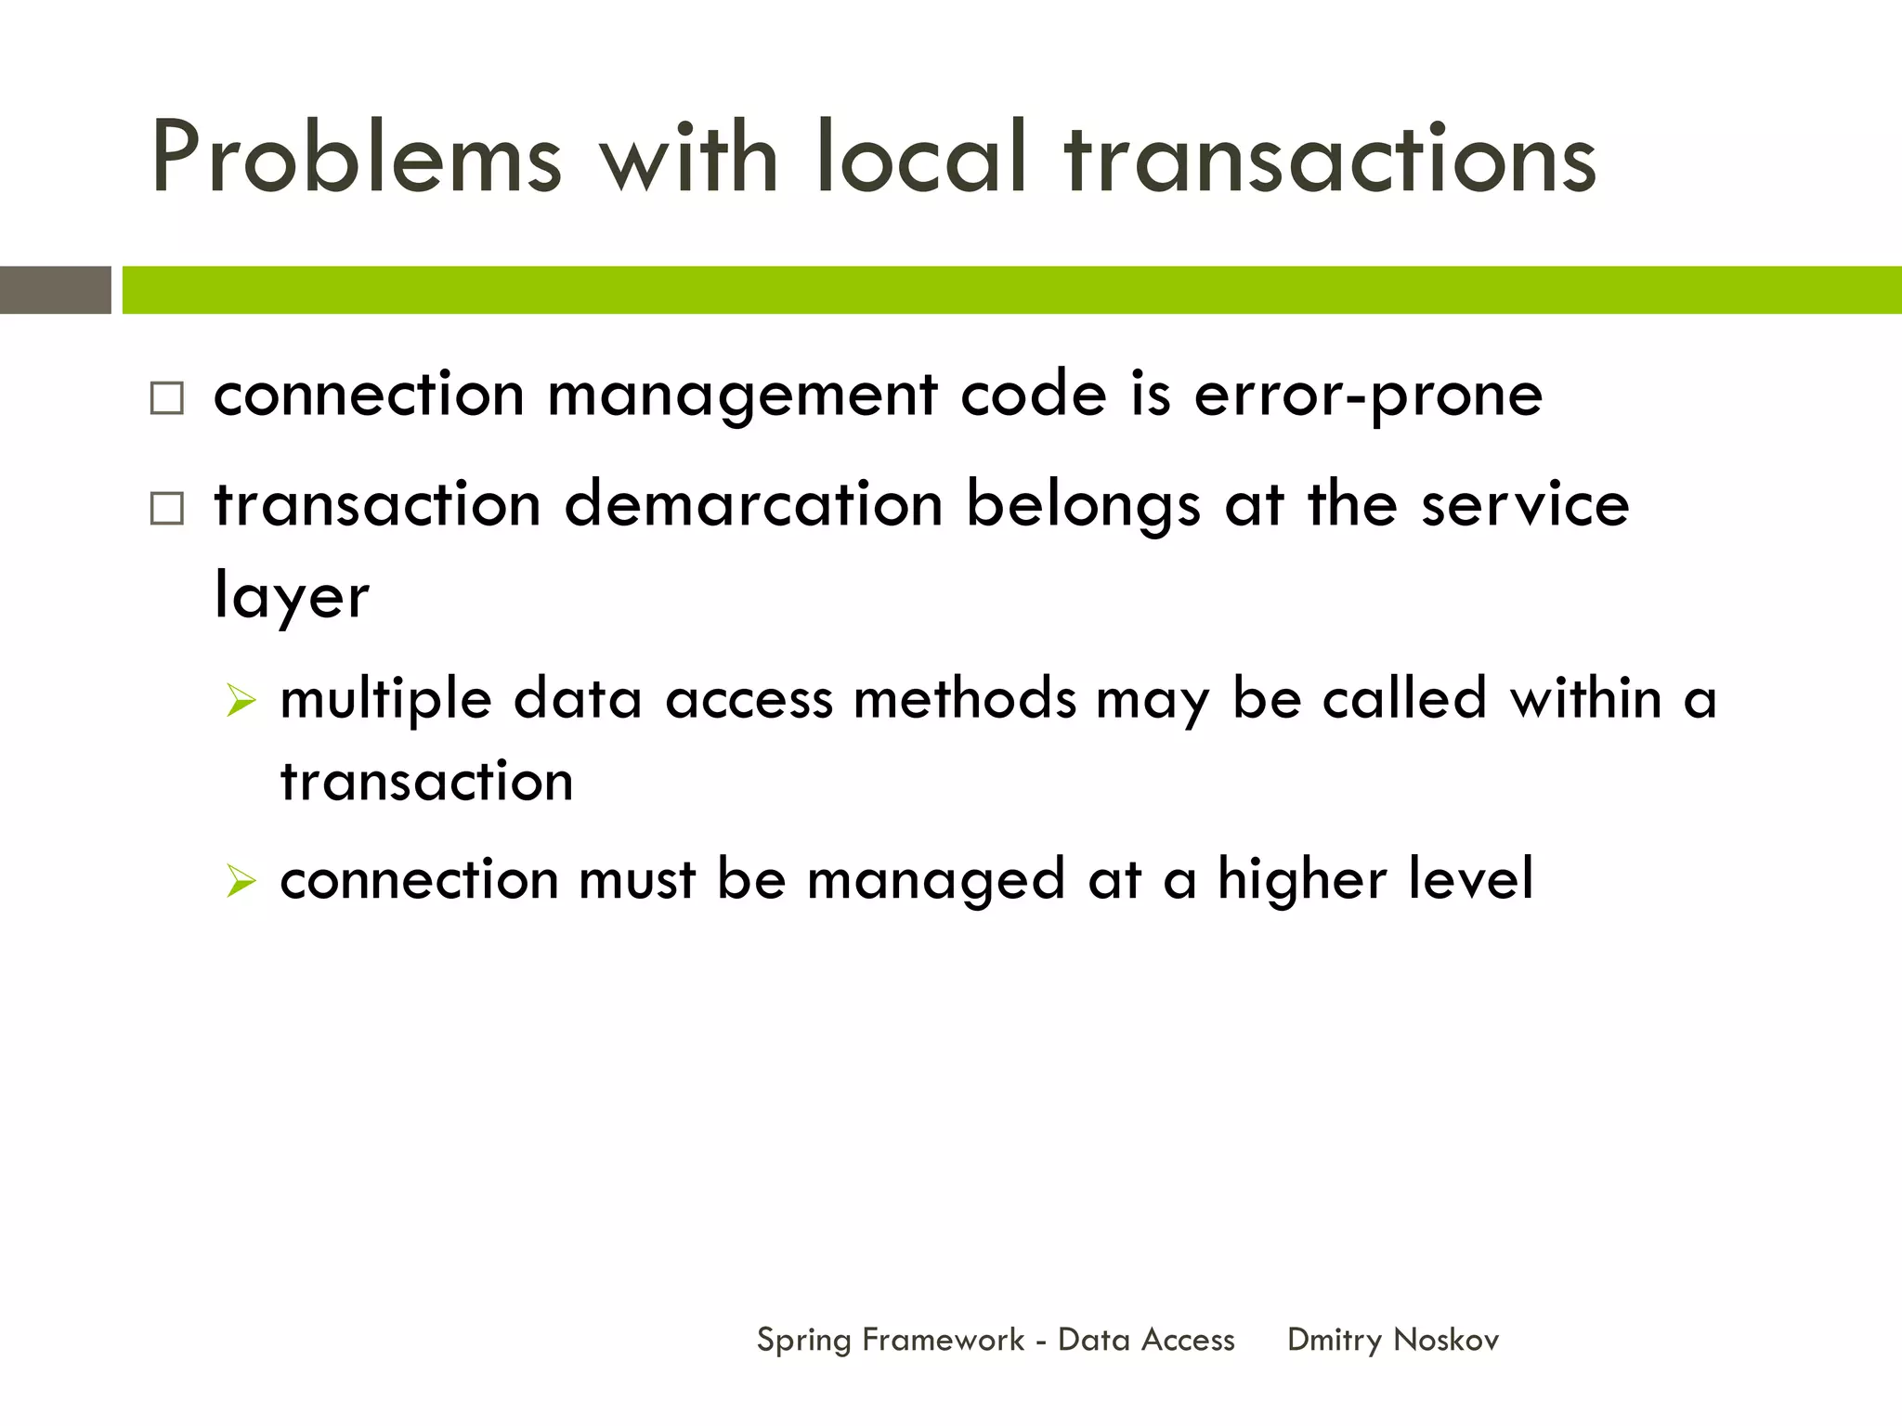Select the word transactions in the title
click(x=1331, y=160)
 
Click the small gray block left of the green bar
click(x=56, y=290)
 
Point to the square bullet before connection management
click(x=167, y=398)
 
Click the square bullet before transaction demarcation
click(x=167, y=509)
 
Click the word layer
click(x=292, y=597)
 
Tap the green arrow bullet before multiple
click(x=241, y=701)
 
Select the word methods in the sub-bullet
click(x=964, y=698)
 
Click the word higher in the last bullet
click(x=1301, y=879)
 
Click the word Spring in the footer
click(x=803, y=1341)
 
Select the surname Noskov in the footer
click(x=1446, y=1340)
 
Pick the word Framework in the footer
click(x=943, y=1340)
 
